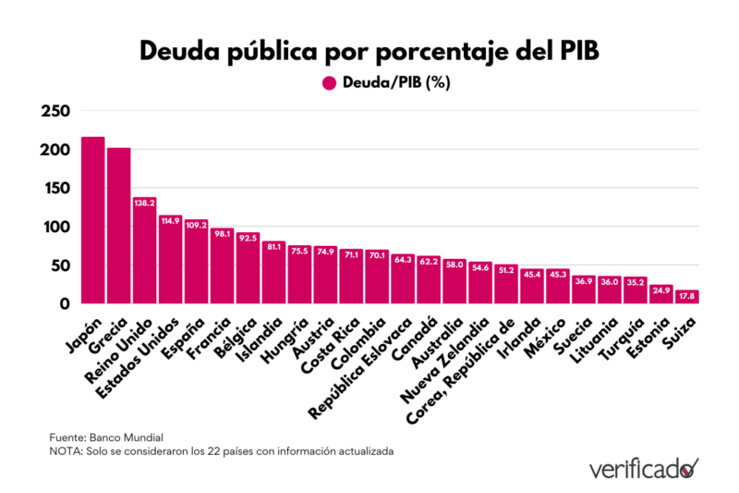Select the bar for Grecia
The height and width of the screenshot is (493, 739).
118,226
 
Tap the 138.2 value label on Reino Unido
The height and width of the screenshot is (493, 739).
144,202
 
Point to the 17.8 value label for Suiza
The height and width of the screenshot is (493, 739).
687,296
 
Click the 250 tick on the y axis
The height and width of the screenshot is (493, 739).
55,112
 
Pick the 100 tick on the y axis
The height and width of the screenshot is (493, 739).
55,227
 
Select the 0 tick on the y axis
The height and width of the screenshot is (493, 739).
64,303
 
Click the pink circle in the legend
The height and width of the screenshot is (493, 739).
329,83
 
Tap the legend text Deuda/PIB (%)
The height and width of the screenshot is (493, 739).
396,83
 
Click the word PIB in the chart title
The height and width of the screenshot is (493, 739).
574,51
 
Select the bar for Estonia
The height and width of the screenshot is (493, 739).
660,294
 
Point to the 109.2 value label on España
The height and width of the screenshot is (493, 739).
196,224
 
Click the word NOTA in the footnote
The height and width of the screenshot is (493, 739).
66,451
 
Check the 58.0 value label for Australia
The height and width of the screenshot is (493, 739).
454,265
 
